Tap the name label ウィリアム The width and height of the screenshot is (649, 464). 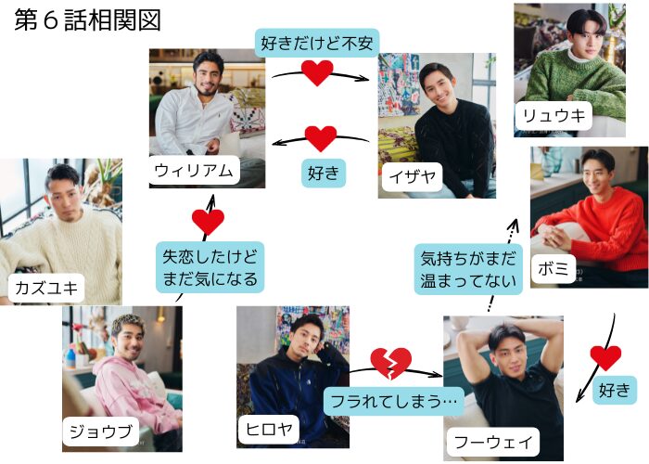195,170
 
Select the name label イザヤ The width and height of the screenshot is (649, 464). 414,174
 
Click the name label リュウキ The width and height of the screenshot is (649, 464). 554,116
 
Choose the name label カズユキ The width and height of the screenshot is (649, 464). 46,287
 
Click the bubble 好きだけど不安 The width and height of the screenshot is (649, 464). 317,42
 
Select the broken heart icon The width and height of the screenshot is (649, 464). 390,363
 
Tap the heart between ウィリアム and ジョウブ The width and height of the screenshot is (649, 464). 208,222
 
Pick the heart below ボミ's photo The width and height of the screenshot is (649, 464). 605,356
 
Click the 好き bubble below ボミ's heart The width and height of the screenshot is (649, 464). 614,390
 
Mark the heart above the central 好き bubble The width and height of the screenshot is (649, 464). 321,139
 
